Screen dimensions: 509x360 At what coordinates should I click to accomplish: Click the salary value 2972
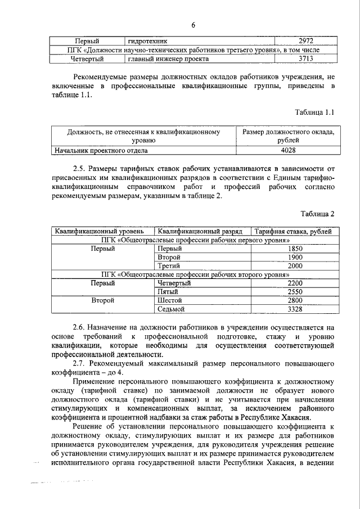pyautogui.click(x=305, y=41)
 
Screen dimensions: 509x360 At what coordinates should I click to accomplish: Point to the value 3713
pyautogui.click(x=305, y=58)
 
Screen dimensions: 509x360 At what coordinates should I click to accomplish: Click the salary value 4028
pyautogui.click(x=288, y=150)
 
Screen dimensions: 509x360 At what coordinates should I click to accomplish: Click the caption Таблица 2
pyautogui.click(x=317, y=214)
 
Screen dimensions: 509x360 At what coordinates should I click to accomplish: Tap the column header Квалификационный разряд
pyautogui.click(x=200, y=231)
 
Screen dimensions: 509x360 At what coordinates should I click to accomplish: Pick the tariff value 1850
pyautogui.click(x=295, y=248)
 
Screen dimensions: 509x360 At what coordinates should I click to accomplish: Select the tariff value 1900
pyautogui.click(x=295, y=257)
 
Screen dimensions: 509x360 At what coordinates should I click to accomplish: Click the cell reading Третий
pyautogui.click(x=169, y=265)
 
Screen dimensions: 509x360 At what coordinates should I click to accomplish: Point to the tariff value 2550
pyautogui.click(x=295, y=292)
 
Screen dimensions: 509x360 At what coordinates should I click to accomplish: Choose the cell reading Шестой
pyautogui.click(x=170, y=300)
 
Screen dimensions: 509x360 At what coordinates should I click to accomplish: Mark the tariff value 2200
pyautogui.click(x=295, y=283)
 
